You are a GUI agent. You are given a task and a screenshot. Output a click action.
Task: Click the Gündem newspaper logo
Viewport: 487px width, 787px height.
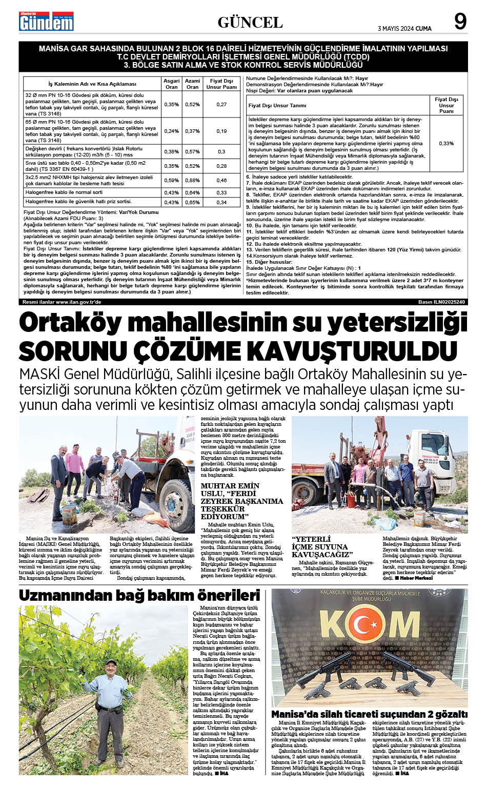point(46,22)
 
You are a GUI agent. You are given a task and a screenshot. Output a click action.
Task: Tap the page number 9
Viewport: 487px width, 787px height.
point(460,22)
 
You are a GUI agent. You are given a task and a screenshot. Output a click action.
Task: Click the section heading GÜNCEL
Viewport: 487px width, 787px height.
point(250,22)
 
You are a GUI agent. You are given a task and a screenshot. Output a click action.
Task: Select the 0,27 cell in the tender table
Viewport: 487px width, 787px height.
point(221,105)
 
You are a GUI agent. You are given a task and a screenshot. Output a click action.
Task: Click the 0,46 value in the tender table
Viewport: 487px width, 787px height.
point(221,181)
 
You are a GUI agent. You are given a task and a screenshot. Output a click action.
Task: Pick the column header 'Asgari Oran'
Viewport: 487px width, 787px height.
point(171,84)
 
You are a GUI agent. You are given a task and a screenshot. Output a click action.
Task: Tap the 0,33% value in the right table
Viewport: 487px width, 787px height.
point(447,144)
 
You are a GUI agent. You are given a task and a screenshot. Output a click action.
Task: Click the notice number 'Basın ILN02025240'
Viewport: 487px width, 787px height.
point(441,302)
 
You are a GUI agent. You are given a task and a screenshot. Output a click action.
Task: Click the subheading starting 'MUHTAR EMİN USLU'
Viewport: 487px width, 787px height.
point(241,501)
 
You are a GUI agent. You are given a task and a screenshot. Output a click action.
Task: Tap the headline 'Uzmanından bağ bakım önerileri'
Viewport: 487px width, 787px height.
point(139,596)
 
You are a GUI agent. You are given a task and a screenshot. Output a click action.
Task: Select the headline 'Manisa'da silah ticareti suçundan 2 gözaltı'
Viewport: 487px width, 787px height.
point(369,714)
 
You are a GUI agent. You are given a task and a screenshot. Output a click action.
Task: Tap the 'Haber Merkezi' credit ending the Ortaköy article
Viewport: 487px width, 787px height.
point(416,578)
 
